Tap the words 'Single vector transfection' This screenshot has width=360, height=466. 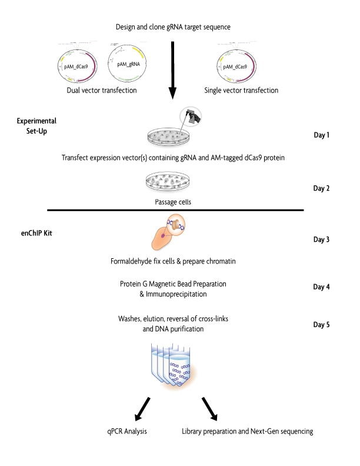(x=241, y=91)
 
